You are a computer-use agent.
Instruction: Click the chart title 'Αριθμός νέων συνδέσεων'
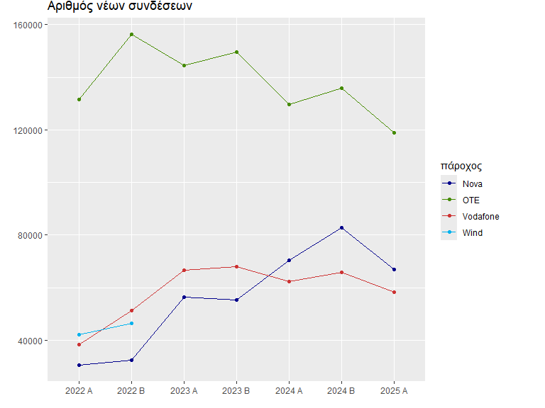(119, 6)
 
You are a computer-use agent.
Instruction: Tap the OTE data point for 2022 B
(131, 34)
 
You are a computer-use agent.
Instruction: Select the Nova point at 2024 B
(341, 227)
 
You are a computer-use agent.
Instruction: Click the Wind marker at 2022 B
(131, 323)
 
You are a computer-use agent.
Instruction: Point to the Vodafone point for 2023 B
(236, 266)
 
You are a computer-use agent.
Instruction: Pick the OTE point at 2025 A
(394, 132)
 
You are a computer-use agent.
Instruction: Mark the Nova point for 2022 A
(79, 365)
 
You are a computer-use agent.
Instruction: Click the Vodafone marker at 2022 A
(79, 344)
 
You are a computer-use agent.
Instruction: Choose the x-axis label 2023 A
(184, 390)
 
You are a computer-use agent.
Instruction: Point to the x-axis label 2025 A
(394, 390)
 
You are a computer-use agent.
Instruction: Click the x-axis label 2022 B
(131, 390)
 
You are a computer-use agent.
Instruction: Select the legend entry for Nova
(473, 184)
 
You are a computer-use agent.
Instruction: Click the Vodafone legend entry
(480, 216)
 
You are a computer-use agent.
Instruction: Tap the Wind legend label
(472, 232)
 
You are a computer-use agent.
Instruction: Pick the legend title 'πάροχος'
(461, 166)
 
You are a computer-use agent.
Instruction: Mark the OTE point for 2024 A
(289, 104)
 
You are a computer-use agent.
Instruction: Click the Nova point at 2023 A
(184, 297)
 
